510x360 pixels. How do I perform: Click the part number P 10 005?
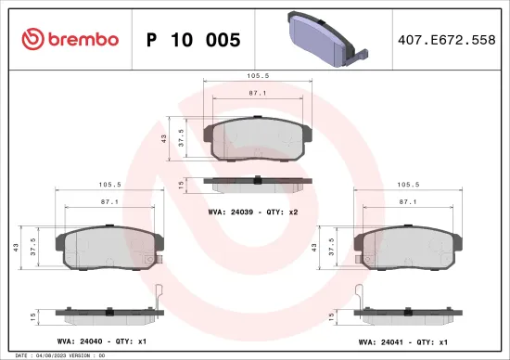[x=194, y=40]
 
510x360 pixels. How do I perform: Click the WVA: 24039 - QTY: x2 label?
[x=252, y=212]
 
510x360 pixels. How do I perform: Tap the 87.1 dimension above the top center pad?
[x=257, y=94]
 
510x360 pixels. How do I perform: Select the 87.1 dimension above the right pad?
[x=407, y=200]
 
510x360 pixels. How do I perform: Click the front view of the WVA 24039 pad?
[x=257, y=139]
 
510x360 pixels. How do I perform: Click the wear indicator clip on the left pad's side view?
[x=159, y=297]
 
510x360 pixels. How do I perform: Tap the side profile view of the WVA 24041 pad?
[x=407, y=315]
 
